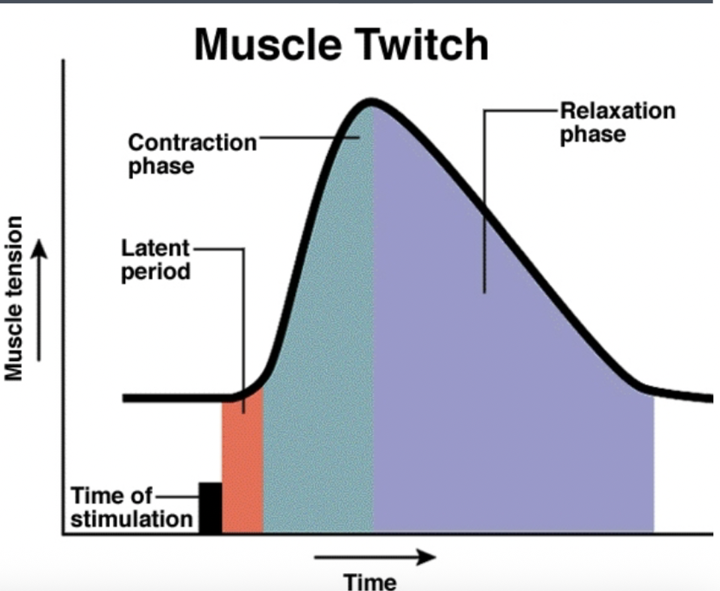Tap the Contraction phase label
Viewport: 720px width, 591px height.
[x=192, y=154]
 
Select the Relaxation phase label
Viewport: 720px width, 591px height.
[x=617, y=122]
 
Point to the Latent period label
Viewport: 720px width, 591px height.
[x=156, y=260]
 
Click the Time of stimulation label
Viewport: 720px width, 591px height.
[x=131, y=508]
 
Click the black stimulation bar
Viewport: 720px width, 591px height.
[x=210, y=508]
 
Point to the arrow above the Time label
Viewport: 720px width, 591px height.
[x=375, y=557]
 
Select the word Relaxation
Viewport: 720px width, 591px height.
[x=617, y=110]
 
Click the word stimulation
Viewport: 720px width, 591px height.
[x=131, y=519]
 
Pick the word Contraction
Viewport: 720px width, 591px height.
[x=192, y=142]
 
